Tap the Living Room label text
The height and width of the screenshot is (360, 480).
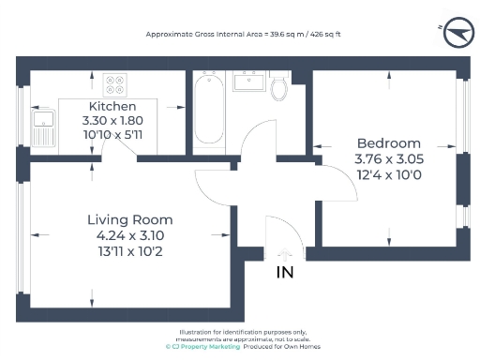coord(129,219)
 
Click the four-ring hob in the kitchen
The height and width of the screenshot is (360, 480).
coord(115,84)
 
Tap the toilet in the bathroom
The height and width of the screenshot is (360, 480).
coord(277,88)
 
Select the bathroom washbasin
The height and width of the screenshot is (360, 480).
coord(248,82)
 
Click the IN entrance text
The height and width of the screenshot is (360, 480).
coord(286,273)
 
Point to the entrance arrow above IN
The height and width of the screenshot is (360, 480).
coord(286,253)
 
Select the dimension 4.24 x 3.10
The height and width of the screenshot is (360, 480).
coord(129,236)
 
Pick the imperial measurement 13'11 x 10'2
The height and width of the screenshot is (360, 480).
coord(129,252)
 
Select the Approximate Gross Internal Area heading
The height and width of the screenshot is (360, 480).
coord(242,34)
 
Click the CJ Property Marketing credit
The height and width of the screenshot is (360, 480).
coord(202,347)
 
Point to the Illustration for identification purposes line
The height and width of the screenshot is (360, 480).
coord(243,333)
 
